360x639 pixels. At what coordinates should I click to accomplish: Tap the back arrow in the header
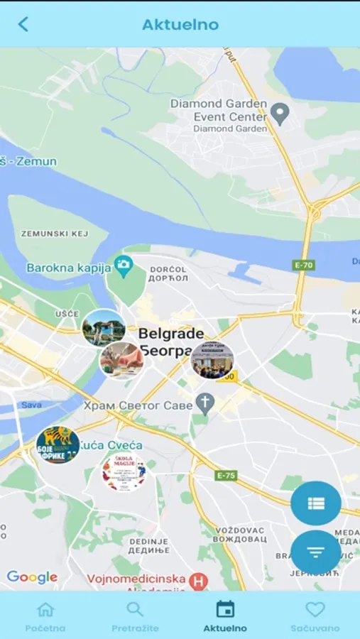coord(23,24)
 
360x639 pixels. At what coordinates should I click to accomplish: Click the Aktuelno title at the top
coord(180,24)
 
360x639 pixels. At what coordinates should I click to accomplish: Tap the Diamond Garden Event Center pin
coord(280,114)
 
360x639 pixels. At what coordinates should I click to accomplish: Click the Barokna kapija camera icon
coord(124,266)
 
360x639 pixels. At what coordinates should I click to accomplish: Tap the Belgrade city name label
coord(170,334)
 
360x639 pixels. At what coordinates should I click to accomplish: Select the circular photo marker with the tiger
coord(58,445)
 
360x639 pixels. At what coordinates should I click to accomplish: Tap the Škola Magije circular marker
coord(124,471)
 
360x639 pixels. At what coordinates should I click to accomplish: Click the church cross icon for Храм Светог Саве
coord(205,404)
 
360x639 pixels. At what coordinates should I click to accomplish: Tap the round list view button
coord(316,503)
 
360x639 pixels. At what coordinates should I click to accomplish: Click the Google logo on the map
coord(32,577)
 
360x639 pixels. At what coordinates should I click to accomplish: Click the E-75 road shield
coord(227,475)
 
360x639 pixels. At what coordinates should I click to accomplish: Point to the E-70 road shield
coord(303,264)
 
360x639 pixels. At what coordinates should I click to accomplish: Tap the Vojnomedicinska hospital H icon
coord(200,581)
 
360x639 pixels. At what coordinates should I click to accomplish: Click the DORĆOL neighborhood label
coord(169,270)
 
